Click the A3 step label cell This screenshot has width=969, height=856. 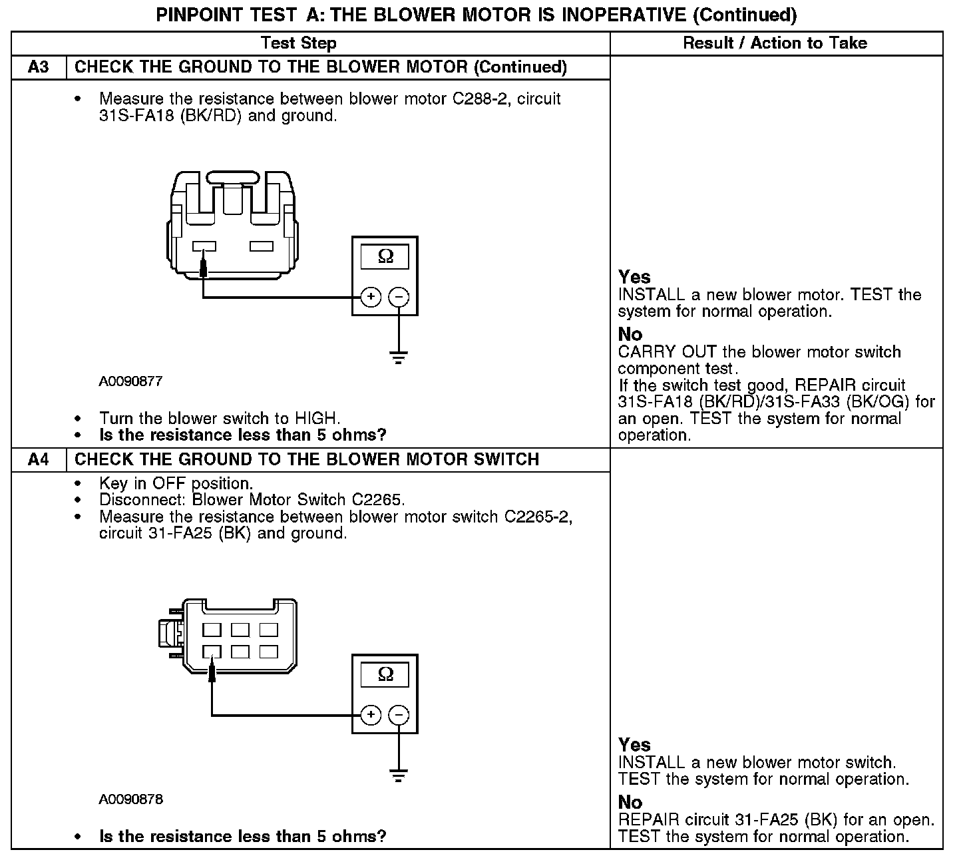tap(39, 67)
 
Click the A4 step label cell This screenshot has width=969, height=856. tap(39, 460)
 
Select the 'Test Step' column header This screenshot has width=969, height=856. tap(299, 43)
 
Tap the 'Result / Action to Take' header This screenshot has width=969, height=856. tap(775, 43)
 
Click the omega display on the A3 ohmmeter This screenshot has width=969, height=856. tap(385, 256)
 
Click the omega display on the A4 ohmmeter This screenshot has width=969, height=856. tap(385, 675)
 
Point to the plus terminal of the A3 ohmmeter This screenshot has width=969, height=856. tap(371, 297)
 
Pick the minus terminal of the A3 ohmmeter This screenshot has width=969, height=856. tap(399, 297)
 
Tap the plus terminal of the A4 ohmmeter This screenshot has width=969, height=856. tap(371, 716)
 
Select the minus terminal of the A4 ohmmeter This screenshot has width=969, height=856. tap(399, 716)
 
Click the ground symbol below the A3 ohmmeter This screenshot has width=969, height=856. tap(399, 357)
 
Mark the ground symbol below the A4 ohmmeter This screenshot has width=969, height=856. tap(399, 775)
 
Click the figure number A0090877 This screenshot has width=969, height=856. tap(130, 381)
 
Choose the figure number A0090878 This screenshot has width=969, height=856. tap(130, 799)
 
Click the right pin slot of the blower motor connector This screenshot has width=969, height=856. tap(261, 247)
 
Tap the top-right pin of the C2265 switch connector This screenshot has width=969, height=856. tap(268, 629)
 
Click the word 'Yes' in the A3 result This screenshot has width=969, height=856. tap(634, 277)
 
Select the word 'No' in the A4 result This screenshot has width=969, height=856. tap(630, 802)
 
